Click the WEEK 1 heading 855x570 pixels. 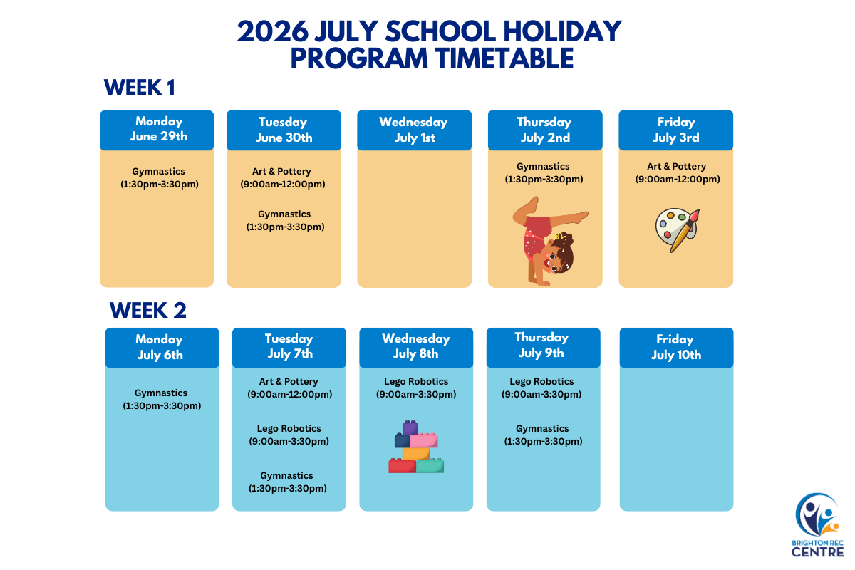140,88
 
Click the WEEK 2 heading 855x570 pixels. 147,310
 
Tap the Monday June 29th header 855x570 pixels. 157,130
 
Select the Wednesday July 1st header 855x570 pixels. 415,130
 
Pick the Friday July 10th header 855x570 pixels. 676,348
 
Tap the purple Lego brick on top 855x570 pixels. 410,428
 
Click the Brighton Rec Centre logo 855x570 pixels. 817,525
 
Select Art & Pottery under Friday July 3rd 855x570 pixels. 676,167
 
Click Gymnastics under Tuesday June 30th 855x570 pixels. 284,214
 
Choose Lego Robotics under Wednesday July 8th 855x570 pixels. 416,381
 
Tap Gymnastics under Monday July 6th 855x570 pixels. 161,393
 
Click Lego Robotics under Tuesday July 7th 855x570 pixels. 289,428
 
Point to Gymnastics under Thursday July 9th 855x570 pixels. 542,429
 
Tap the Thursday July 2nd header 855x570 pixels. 545,130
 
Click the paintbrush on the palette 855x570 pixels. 685,231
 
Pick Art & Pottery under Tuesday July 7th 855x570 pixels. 289,381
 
